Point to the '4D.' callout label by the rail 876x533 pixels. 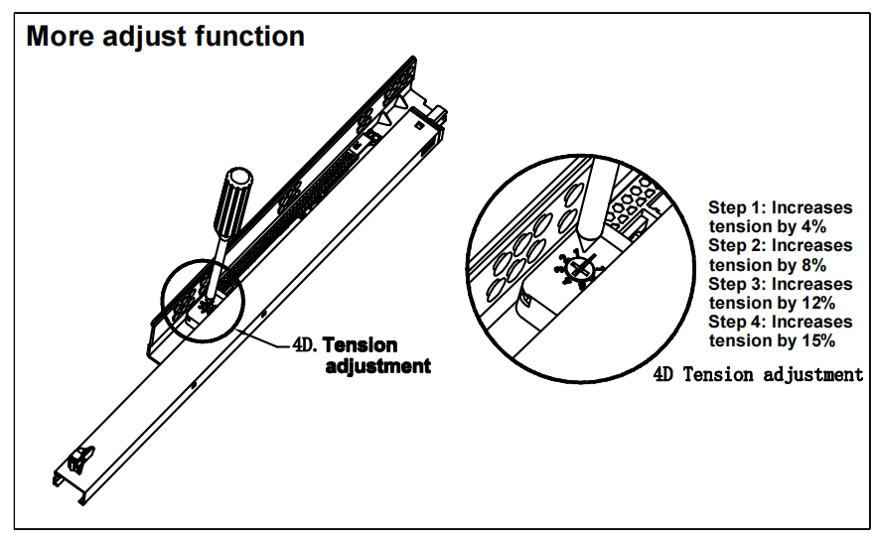click(x=302, y=346)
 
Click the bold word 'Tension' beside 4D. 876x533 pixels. click(x=360, y=345)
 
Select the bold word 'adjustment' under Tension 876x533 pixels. click(x=378, y=365)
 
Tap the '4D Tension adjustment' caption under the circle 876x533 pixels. click(x=758, y=374)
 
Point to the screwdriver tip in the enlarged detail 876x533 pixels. click(x=589, y=235)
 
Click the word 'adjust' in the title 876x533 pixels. click(x=147, y=38)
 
